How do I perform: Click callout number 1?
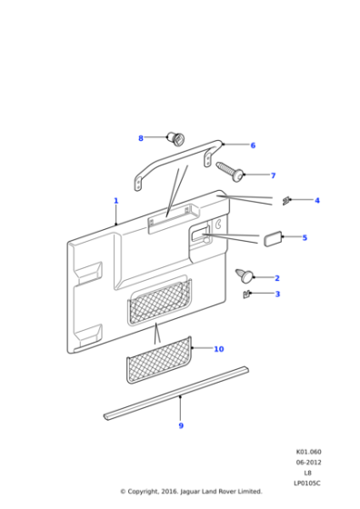pos(115,201)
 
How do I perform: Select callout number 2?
pos(277,278)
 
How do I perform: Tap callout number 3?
pos(277,294)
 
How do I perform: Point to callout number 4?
pos(317,200)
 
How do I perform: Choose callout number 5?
pos(305,238)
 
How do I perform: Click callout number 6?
pos(253,145)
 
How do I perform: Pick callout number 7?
pos(272,175)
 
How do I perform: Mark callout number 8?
pos(141,138)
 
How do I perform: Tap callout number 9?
pos(180,425)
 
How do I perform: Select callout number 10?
pos(218,349)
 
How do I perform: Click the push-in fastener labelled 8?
pos(175,138)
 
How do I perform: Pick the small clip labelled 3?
pos(247,294)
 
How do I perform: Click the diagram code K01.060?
pos(307,452)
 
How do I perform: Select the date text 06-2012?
pos(307,462)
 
